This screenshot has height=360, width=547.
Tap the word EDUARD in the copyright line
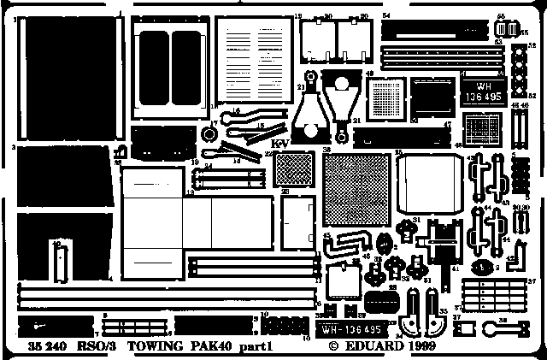click(370, 349)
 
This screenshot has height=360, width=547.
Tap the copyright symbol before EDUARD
click(333, 349)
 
